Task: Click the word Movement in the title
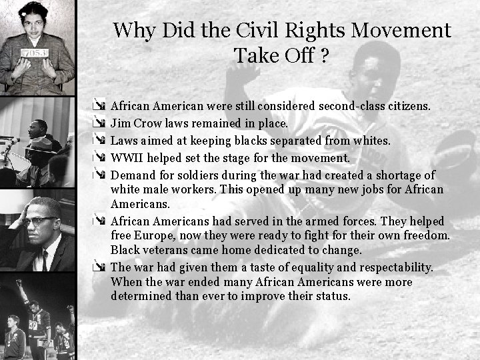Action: pyautogui.click(x=399, y=31)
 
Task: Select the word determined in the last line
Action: pyautogui.click(x=142, y=295)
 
